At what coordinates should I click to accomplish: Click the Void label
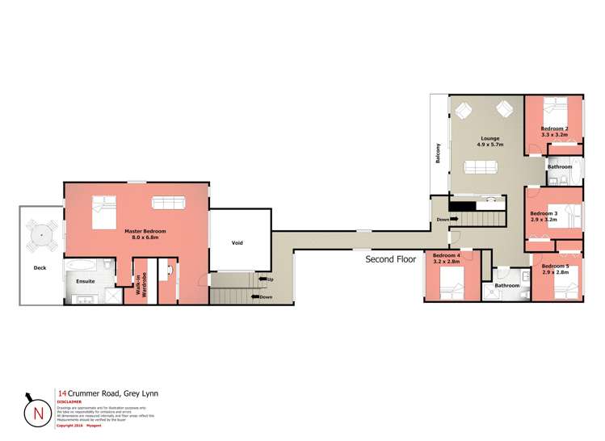237,242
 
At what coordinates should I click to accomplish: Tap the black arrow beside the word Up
261,279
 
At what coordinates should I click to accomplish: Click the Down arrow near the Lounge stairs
454,219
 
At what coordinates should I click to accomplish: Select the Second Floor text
390,260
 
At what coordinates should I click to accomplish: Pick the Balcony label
439,153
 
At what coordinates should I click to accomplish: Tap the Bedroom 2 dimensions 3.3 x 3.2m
555,134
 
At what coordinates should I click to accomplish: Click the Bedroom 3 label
544,213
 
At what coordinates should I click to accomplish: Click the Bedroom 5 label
555,266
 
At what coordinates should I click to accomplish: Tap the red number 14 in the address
62,393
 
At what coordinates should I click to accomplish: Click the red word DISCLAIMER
69,401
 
